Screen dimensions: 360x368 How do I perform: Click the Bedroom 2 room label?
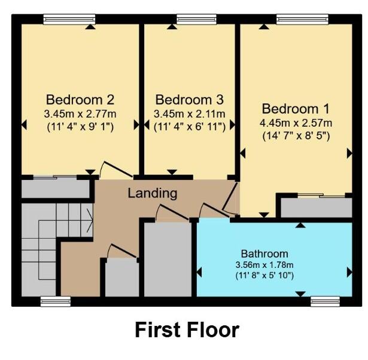coord(80,99)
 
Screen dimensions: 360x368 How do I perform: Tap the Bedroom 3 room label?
coord(188,99)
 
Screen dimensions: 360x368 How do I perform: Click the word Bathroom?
coord(264,253)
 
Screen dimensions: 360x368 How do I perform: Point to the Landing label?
coord(153,193)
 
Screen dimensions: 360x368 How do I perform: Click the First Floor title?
coord(187,330)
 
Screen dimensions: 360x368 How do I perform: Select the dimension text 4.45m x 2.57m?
coord(296,123)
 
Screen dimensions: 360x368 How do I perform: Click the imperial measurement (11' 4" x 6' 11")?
coord(188,126)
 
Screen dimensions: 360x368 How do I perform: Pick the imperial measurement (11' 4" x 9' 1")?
coord(80,126)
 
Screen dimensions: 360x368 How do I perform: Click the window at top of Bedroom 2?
coord(69,20)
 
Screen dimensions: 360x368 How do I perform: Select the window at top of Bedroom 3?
coord(188,20)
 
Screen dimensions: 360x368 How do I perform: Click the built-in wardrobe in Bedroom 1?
coord(317,206)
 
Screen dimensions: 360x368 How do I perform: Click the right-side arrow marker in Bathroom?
coord(349,273)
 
